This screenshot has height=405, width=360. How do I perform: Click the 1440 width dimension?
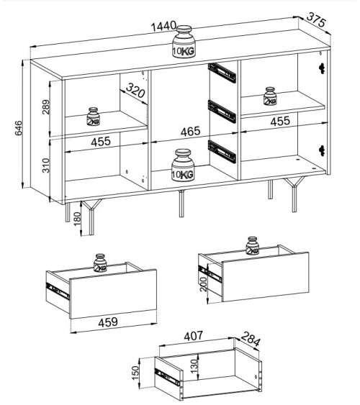coord(163,27)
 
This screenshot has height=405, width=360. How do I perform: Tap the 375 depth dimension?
coord(316,19)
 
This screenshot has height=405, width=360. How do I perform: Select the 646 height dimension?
coord(18,128)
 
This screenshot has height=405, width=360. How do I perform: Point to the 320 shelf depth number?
coord(135,90)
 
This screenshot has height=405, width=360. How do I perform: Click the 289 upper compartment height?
coord(45,107)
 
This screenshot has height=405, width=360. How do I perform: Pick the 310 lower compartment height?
coord(45,165)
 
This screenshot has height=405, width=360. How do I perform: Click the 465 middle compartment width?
coord(190,132)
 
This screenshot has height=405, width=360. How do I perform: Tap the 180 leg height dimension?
coord(77,219)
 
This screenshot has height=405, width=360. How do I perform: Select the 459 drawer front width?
coord(108,322)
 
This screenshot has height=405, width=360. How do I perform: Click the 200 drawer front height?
coord(203,284)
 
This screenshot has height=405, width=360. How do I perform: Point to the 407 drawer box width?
coord(193,336)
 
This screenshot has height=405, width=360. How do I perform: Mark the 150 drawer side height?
coord(135,373)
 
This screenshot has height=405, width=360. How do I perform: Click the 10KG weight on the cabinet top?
coord(184,41)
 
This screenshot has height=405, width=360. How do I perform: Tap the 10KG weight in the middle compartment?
coord(183,165)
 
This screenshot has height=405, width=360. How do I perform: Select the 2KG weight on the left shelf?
coord(94,117)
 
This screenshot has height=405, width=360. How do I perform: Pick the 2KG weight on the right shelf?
coord(270,96)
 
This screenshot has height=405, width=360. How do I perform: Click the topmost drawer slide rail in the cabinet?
coord(222,73)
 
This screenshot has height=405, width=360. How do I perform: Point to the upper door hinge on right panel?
coord(322,68)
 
